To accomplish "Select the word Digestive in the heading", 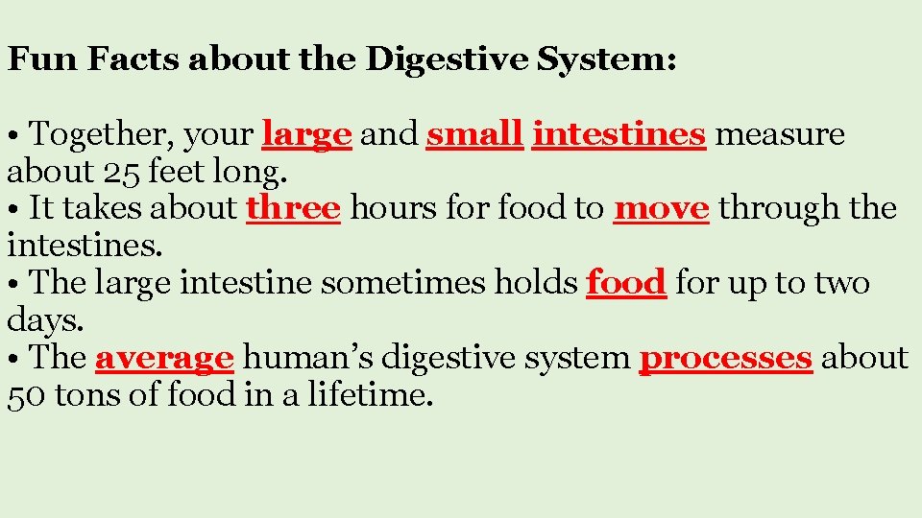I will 448,60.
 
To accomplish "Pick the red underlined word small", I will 474,135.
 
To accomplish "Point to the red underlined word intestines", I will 619,135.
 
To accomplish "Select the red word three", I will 293,208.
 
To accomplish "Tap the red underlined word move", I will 662,208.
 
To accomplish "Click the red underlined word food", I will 626,283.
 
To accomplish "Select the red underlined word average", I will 164,359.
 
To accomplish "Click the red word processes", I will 726,359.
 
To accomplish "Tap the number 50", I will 27,394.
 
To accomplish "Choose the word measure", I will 780,135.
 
